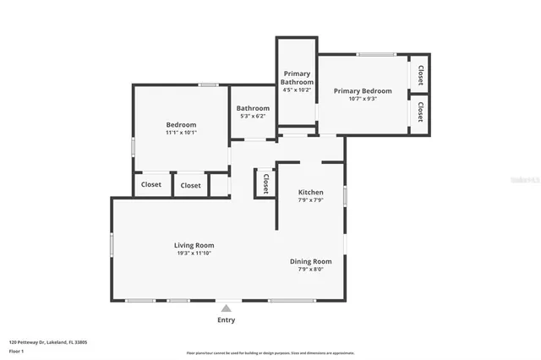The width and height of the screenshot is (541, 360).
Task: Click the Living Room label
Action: click(x=194, y=245)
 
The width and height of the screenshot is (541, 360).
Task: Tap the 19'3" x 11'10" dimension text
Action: click(x=194, y=254)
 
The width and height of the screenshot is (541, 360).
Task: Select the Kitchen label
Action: click(x=311, y=192)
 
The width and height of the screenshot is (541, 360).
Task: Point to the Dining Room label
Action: click(x=311, y=262)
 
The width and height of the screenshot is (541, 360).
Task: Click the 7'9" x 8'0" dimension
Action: click(x=311, y=270)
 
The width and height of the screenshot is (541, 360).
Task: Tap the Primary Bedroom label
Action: click(x=363, y=90)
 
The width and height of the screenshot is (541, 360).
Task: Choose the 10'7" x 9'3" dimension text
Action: click(x=363, y=99)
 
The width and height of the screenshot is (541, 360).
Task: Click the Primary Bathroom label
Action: click(x=297, y=78)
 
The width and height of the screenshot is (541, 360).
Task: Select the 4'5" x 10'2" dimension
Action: click(x=297, y=90)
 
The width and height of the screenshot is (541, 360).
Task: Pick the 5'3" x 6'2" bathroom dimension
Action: click(x=253, y=117)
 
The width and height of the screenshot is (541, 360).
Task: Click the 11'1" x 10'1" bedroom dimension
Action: click(x=181, y=133)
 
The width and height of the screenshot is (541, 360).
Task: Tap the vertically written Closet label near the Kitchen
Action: click(x=265, y=183)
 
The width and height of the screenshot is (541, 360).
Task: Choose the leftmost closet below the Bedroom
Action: click(x=151, y=185)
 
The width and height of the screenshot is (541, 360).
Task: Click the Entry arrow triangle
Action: click(x=227, y=308)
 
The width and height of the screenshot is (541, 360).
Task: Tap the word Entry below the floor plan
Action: click(x=227, y=320)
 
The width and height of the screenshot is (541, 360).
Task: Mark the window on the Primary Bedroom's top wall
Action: click(x=375, y=55)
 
